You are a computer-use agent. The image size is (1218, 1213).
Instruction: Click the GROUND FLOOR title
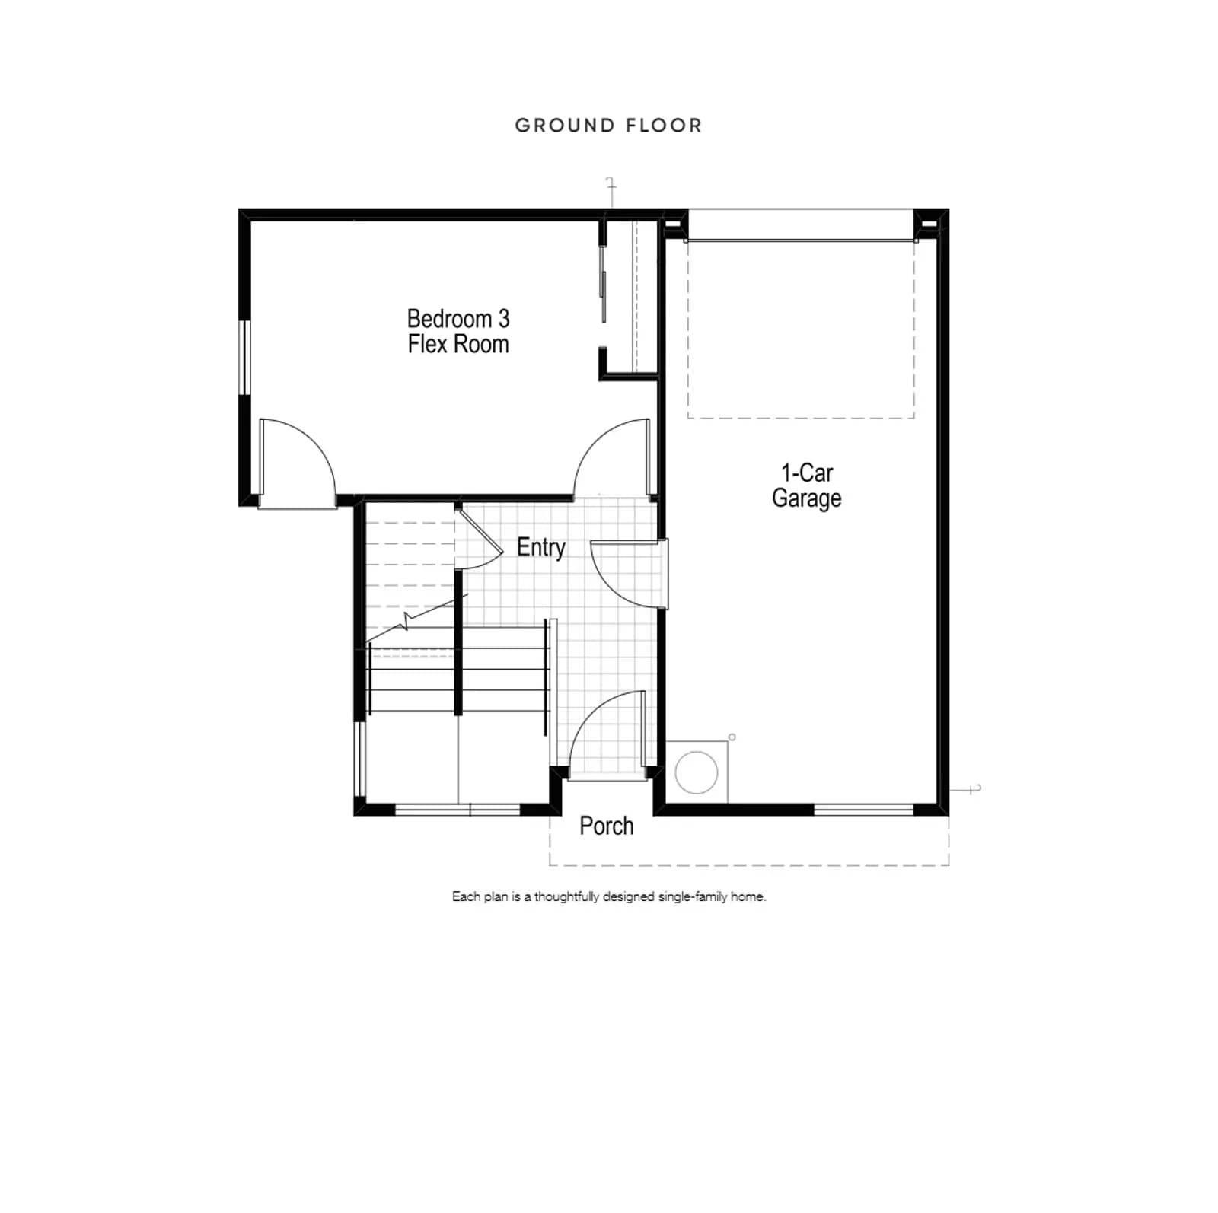[x=608, y=126]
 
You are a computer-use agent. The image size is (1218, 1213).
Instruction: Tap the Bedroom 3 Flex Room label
[x=458, y=331]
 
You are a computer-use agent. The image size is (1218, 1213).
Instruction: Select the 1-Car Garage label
[x=807, y=486]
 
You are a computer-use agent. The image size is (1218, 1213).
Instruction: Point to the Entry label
[x=541, y=548]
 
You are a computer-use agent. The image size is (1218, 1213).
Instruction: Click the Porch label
[x=607, y=826]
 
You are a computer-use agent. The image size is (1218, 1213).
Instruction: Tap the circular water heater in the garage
[x=697, y=772]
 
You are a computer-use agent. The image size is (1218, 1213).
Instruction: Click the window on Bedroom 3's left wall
[x=245, y=358]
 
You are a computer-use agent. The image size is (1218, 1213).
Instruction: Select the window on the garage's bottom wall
[x=864, y=810]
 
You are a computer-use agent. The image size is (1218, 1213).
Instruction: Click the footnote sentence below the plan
[x=609, y=896]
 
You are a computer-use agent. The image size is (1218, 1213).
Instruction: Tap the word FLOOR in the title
[x=665, y=126]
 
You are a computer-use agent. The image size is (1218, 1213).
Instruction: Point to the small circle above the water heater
[x=732, y=737]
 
